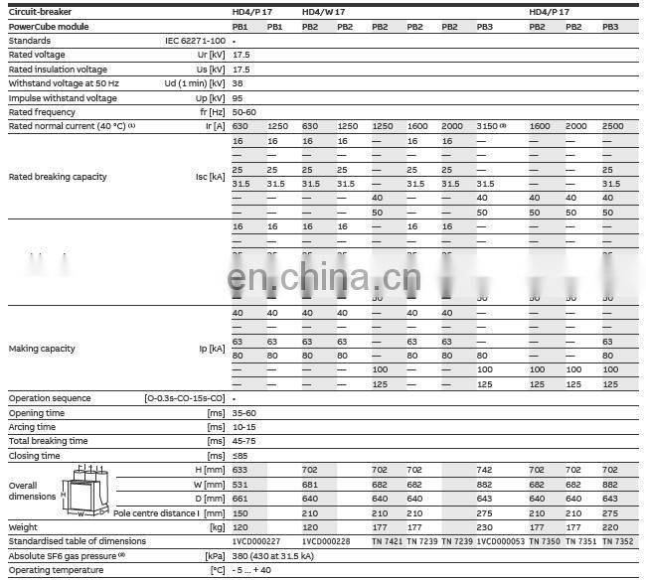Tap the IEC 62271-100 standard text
pos(194,41)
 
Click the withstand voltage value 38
pos(240,84)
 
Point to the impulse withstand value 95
pos(239,98)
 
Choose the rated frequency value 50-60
pos(244,112)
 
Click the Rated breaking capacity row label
pos(58,177)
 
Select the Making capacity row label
pos(42,349)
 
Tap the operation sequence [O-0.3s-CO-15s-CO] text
pos(185,398)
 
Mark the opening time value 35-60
pos(244,412)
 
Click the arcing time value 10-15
pos(243,427)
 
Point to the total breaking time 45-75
pos(244,441)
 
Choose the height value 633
pos(241,470)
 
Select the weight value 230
pos(484,526)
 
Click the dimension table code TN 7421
pos(387,541)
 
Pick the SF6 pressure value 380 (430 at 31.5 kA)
pos(283,555)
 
